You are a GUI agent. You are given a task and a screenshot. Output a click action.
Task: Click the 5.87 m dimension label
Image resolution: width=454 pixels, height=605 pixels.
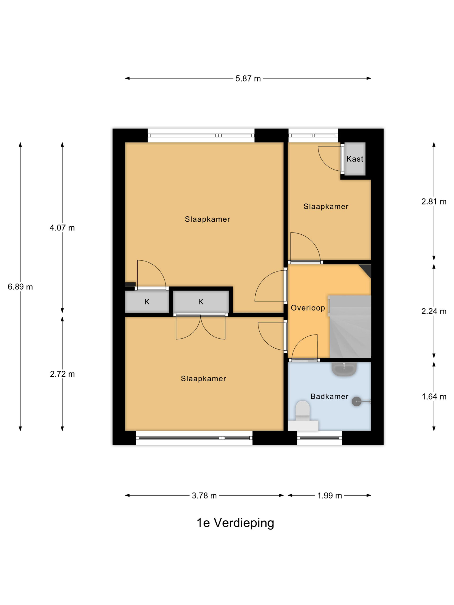click(x=248, y=79)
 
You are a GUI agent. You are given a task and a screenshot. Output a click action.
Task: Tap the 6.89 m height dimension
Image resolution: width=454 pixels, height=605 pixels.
click(x=20, y=287)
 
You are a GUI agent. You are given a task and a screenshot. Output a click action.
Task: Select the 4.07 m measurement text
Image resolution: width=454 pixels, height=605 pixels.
click(x=62, y=228)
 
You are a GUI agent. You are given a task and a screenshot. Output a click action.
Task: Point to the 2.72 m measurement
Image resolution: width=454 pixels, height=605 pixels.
click(x=62, y=374)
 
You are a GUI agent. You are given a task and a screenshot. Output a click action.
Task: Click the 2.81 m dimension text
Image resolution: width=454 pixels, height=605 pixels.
click(x=434, y=202)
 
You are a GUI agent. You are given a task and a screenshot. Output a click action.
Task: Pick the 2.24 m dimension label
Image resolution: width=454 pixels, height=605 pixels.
click(x=434, y=311)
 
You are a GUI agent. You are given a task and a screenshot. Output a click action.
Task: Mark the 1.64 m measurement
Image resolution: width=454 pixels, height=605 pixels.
click(x=434, y=397)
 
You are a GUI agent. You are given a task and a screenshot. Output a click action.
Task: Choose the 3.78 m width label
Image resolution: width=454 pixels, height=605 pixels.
click(x=204, y=496)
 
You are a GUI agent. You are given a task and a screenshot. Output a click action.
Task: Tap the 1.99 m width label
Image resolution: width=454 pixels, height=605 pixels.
click(x=329, y=496)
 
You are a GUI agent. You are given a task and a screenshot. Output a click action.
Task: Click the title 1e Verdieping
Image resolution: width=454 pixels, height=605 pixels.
click(x=235, y=523)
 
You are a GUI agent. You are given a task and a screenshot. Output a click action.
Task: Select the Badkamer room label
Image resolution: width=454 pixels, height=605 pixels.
click(x=329, y=396)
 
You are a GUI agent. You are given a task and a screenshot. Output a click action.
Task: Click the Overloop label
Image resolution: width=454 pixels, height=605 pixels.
click(x=308, y=308)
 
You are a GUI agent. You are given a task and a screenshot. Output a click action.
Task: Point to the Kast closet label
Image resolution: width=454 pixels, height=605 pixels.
click(x=355, y=159)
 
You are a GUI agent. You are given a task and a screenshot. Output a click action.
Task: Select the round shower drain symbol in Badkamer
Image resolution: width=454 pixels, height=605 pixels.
click(x=356, y=402)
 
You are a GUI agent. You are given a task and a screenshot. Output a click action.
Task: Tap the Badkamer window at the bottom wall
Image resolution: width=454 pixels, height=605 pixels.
click(x=319, y=438)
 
